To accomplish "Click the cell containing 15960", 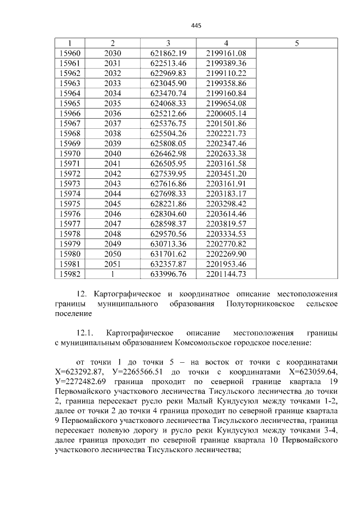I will tap(70, 53).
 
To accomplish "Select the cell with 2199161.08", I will tap(226, 53).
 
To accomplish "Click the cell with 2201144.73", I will tap(226, 274).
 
